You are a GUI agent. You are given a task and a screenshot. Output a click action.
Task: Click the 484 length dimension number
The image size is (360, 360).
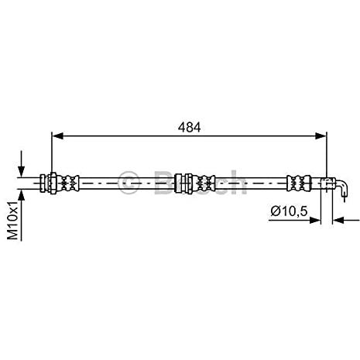coord(189,127)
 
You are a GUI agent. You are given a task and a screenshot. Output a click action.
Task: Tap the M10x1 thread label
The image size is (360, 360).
coord(13,220)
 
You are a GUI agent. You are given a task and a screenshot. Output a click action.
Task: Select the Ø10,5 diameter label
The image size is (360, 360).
coord(290,211)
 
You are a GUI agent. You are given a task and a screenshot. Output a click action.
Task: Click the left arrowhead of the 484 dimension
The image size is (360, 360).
coord(57,135)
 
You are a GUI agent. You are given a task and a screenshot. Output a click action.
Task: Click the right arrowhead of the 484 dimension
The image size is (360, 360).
coord(321,135)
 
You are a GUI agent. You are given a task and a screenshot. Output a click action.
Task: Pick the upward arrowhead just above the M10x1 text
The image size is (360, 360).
coord(21,195)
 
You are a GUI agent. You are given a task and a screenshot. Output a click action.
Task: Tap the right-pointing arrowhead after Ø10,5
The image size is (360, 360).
coord(315,220)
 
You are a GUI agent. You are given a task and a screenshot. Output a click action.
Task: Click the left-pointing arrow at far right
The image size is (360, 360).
coord(346,220)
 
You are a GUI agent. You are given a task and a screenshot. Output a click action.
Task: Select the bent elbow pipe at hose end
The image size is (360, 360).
coord(342,187)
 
